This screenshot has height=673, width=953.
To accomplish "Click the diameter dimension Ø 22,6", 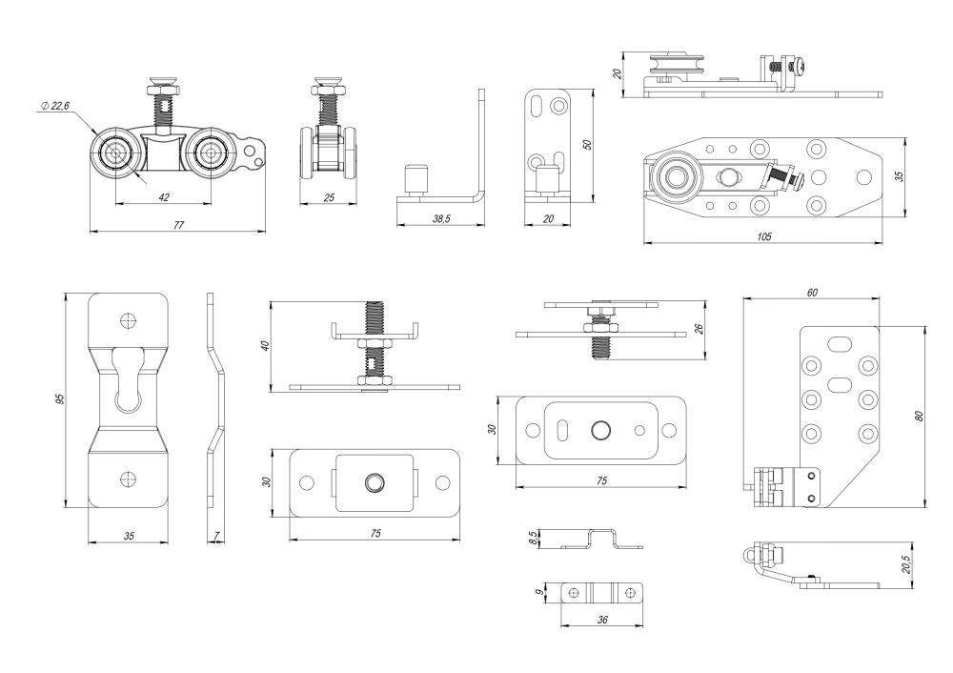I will coord(56,108).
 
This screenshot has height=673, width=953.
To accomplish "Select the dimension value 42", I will coord(164,196).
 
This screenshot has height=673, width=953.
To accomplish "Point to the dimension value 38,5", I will coord(440,218).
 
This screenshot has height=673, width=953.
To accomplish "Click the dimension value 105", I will coord(763,235).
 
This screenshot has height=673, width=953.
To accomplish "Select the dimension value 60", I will coord(811,293).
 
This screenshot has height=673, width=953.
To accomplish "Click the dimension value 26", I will coord(699,330).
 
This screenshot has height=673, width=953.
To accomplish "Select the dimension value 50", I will coord(587,145).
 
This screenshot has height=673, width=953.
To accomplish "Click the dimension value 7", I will coord(217,538).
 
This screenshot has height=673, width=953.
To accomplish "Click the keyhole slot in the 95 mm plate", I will coord(129,381).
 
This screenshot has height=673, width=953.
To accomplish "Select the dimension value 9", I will coord(540,592).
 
